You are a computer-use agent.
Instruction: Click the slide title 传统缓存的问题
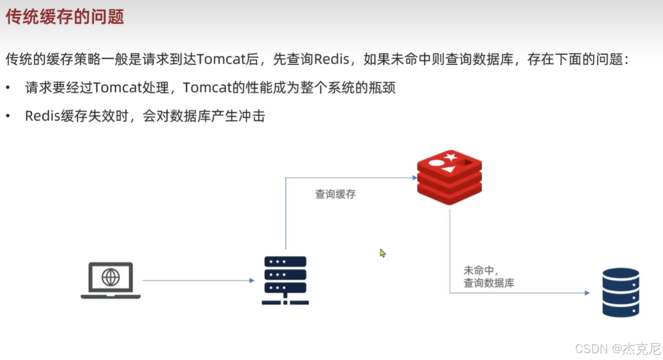click(65, 17)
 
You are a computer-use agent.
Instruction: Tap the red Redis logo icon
click(449, 178)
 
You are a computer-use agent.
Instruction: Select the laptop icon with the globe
click(110, 281)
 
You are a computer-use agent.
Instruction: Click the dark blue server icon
click(285, 281)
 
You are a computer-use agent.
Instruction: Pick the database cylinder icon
click(620, 292)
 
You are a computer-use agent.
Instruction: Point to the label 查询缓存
click(335, 194)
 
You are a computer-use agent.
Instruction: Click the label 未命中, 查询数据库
click(489, 277)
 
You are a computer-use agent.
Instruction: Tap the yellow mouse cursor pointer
click(383, 253)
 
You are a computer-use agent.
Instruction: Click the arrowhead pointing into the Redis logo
click(415, 178)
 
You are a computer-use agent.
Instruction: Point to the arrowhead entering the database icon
click(587, 293)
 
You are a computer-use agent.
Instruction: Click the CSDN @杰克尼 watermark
click(618, 348)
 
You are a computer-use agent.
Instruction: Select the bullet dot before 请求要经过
click(8, 88)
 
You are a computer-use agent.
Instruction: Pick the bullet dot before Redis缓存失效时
click(8, 116)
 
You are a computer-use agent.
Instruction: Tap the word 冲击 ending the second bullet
click(253, 116)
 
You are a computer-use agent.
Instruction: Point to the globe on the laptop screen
click(110, 278)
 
